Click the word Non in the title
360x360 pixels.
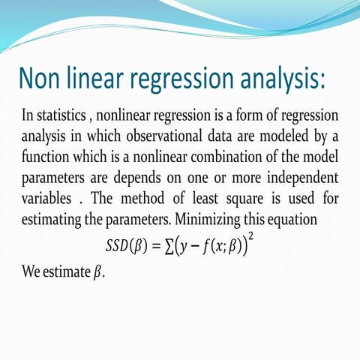pyautogui.click(x=43, y=79)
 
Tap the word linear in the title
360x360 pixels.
pyautogui.click(x=99, y=79)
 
